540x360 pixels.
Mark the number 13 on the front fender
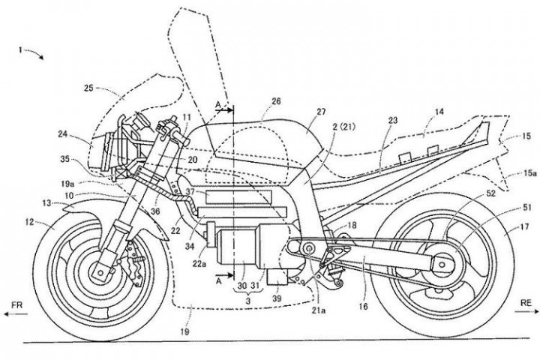[x=46, y=202]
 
